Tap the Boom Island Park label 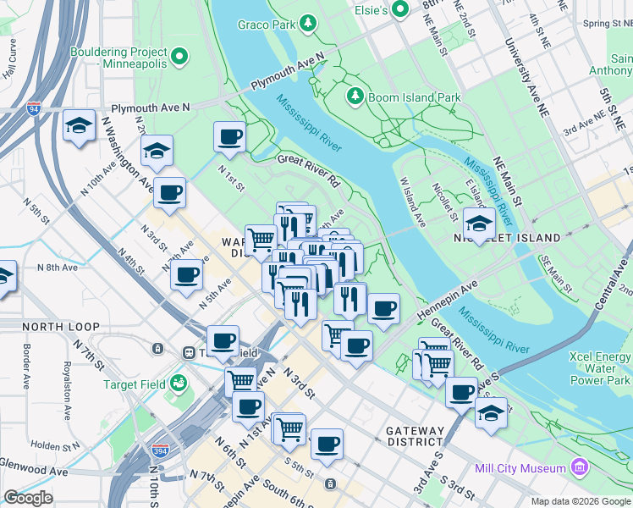point(416,97)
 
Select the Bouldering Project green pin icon point(179,58)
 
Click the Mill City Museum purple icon point(579,467)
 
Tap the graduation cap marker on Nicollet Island point(480,224)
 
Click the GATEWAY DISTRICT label point(415,436)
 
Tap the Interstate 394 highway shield point(158,450)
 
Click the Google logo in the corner point(29,497)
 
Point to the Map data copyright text point(580,501)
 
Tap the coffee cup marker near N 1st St point(228,137)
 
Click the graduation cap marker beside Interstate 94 point(79,127)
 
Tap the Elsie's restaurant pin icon point(404,9)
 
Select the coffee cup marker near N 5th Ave point(186,274)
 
